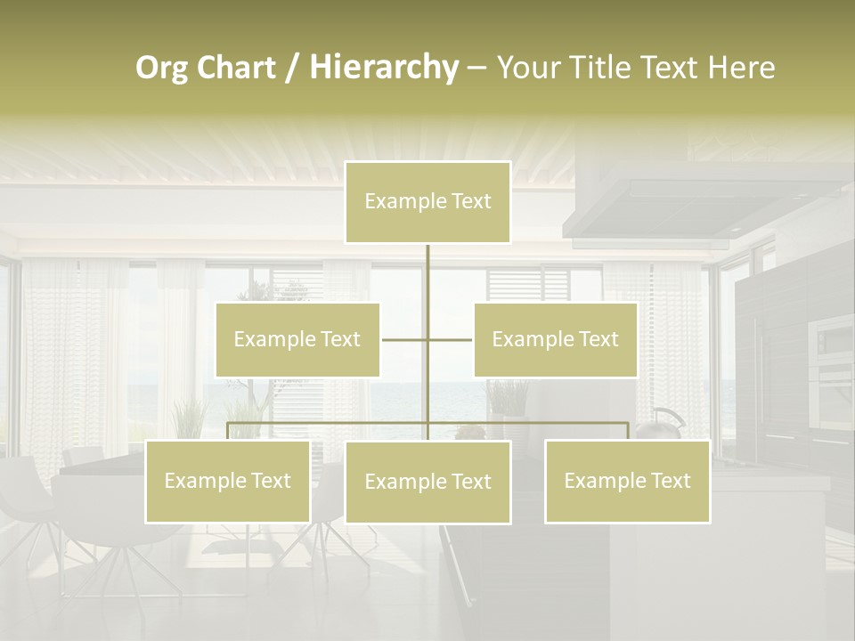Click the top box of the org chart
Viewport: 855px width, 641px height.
coord(427,202)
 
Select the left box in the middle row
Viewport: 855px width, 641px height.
coord(297,339)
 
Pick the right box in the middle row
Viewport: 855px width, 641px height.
coord(555,339)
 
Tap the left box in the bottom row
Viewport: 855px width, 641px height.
coord(227,481)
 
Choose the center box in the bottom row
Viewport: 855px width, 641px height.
coord(427,482)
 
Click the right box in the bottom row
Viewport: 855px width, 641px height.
coord(627,481)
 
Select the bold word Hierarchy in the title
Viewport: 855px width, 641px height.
coord(383,69)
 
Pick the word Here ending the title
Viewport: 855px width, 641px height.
coord(741,69)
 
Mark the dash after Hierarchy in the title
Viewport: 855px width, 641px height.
coord(476,69)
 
